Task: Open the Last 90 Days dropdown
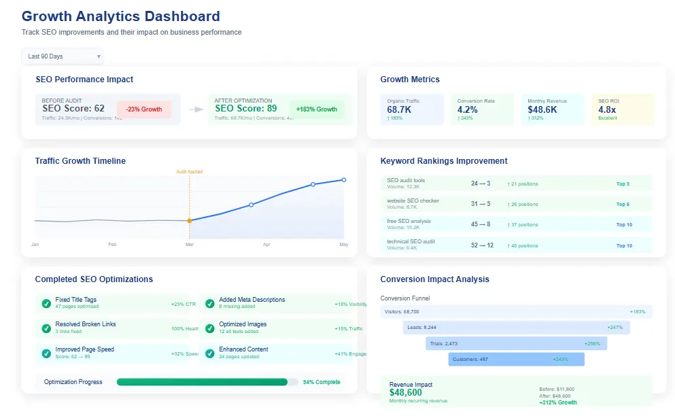click(62, 56)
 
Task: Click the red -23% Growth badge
click(143, 109)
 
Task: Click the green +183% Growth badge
click(317, 109)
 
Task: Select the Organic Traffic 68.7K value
click(399, 109)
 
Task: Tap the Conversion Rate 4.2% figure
click(468, 109)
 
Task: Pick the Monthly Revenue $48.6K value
click(542, 109)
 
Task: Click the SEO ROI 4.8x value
click(607, 109)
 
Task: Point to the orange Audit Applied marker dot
click(190, 220)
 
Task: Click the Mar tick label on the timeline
click(190, 244)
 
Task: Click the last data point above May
click(344, 179)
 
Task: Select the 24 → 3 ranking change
click(481, 184)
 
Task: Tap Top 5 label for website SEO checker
click(623, 204)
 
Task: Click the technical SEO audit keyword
click(411, 242)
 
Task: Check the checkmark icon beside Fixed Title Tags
click(46, 303)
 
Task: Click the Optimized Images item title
click(243, 324)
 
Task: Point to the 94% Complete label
click(322, 382)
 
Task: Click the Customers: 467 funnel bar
click(516, 359)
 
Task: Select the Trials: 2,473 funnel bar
click(516, 343)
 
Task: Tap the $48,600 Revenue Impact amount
click(405, 393)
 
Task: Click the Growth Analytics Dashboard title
click(121, 16)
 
